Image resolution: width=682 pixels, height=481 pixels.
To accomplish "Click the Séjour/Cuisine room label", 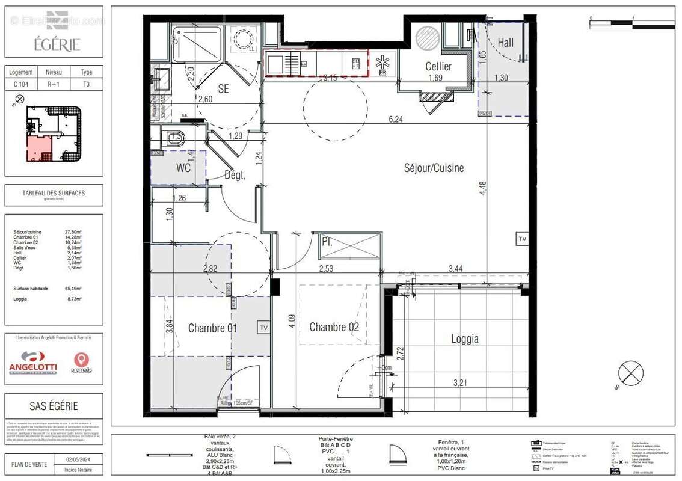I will pyautogui.click(x=434, y=168).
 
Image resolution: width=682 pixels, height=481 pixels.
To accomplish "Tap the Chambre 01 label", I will pyautogui.click(x=212, y=328).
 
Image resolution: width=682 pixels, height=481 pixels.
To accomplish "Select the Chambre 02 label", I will pyautogui.click(x=334, y=327).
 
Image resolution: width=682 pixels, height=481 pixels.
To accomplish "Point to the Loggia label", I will pyautogui.click(x=465, y=339).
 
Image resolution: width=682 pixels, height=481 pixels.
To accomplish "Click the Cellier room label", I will pyautogui.click(x=438, y=66).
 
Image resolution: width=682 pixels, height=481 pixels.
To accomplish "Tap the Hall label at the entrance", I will pyautogui.click(x=505, y=43).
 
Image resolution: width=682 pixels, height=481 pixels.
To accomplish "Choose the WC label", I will pyautogui.click(x=183, y=168).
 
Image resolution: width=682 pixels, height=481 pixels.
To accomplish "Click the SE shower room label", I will pyautogui.click(x=223, y=89).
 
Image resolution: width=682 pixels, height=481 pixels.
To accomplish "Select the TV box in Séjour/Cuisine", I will pyautogui.click(x=521, y=239).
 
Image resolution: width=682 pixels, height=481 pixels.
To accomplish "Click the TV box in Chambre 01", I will pyautogui.click(x=263, y=328).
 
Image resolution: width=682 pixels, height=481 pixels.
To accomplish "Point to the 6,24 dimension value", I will pyautogui.click(x=395, y=120).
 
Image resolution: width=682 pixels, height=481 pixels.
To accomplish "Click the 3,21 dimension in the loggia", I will pyautogui.click(x=460, y=382).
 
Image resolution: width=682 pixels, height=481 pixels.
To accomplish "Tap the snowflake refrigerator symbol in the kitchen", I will pyautogui.click(x=382, y=62).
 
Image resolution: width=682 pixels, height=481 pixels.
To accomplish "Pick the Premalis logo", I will pyautogui.click(x=81, y=363).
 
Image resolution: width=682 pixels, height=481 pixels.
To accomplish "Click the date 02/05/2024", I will pyautogui.click(x=78, y=459).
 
